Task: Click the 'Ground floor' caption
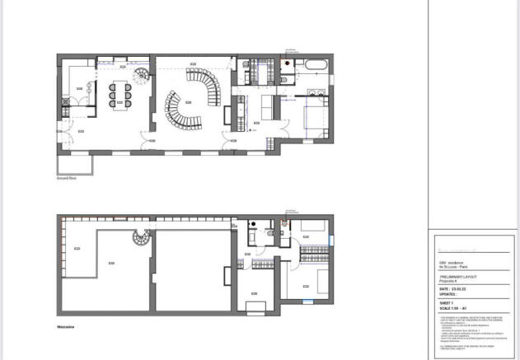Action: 68,176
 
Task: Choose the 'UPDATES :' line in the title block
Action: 449,294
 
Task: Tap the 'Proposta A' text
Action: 449,282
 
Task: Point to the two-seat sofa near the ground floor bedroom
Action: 268,107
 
